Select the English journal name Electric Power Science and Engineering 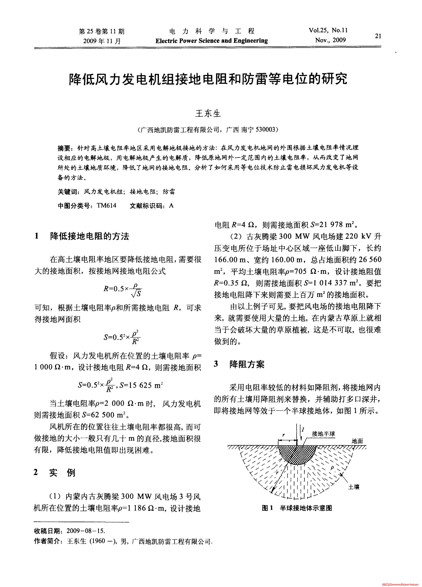pos(212,41)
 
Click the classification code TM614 pos(106,206)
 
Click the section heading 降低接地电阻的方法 pos(89,236)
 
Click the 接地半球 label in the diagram pos(323,433)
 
